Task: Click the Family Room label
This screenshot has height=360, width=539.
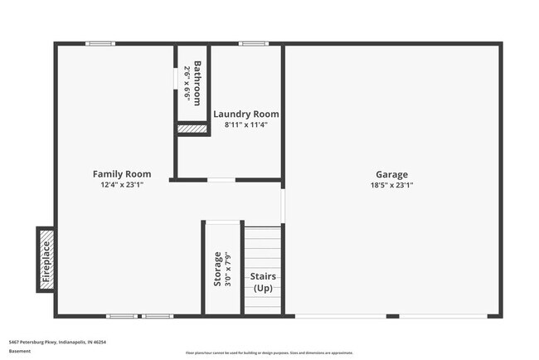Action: pyautogui.click(x=122, y=174)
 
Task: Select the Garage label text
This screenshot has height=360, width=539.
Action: pyautogui.click(x=391, y=174)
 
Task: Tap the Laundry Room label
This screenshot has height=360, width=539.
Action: pyautogui.click(x=246, y=114)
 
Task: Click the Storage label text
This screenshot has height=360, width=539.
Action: pyautogui.click(x=218, y=269)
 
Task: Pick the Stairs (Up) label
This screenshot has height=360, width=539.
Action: pyautogui.click(x=263, y=281)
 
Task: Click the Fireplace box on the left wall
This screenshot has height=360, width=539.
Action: pyautogui.click(x=46, y=260)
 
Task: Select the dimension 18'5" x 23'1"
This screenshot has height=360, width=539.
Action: pyautogui.click(x=391, y=186)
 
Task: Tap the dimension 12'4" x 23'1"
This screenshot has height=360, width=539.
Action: pyautogui.click(x=122, y=186)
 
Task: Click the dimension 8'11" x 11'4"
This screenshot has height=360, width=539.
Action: pyautogui.click(x=246, y=125)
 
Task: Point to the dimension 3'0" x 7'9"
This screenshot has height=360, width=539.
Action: pyautogui.click(x=228, y=269)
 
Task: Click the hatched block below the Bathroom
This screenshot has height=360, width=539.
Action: pyautogui.click(x=192, y=129)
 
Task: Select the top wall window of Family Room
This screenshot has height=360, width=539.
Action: pyautogui.click(x=100, y=44)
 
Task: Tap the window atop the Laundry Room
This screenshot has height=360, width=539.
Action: pyautogui.click(x=253, y=44)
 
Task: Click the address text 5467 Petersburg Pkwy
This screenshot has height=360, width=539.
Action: pyautogui.click(x=57, y=342)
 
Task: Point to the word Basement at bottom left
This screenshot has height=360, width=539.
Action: pyautogui.click(x=20, y=351)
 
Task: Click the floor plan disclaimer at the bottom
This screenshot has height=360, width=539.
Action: pyautogui.click(x=269, y=353)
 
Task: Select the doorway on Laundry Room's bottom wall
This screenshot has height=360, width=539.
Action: pyautogui.click(x=221, y=179)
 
